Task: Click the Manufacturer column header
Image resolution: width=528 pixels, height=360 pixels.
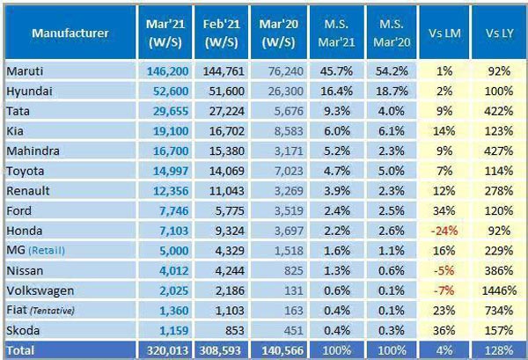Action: [70, 33]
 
